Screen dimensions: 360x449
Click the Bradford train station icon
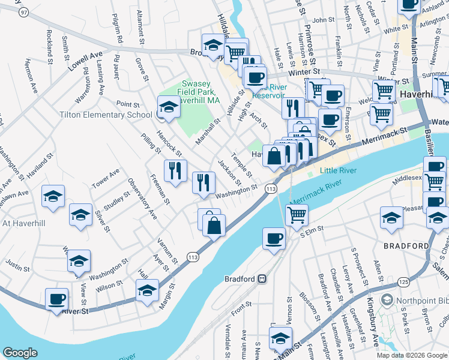pyautogui.click(x=262, y=279)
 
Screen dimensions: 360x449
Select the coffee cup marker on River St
pyautogui.click(x=58, y=299)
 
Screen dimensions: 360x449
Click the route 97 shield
pyautogui.click(x=23, y=13)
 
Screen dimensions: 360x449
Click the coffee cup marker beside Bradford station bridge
pyautogui.click(x=274, y=238)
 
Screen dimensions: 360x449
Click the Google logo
pyautogui.click(x=20, y=353)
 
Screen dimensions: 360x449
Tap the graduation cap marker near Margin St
pyautogui.click(x=147, y=291)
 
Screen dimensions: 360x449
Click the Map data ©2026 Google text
pyautogui.click(x=411, y=355)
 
